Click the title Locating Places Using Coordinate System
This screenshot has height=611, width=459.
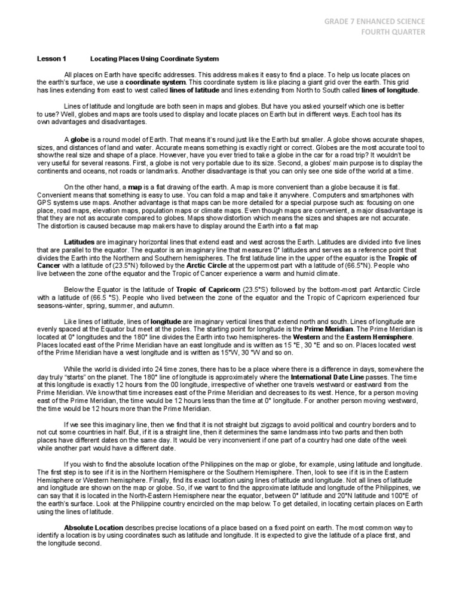click(x=154, y=60)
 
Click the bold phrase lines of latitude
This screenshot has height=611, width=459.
click(x=195, y=90)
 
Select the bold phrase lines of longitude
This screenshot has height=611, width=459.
click(x=390, y=90)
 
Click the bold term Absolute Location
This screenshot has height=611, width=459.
click(x=93, y=528)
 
